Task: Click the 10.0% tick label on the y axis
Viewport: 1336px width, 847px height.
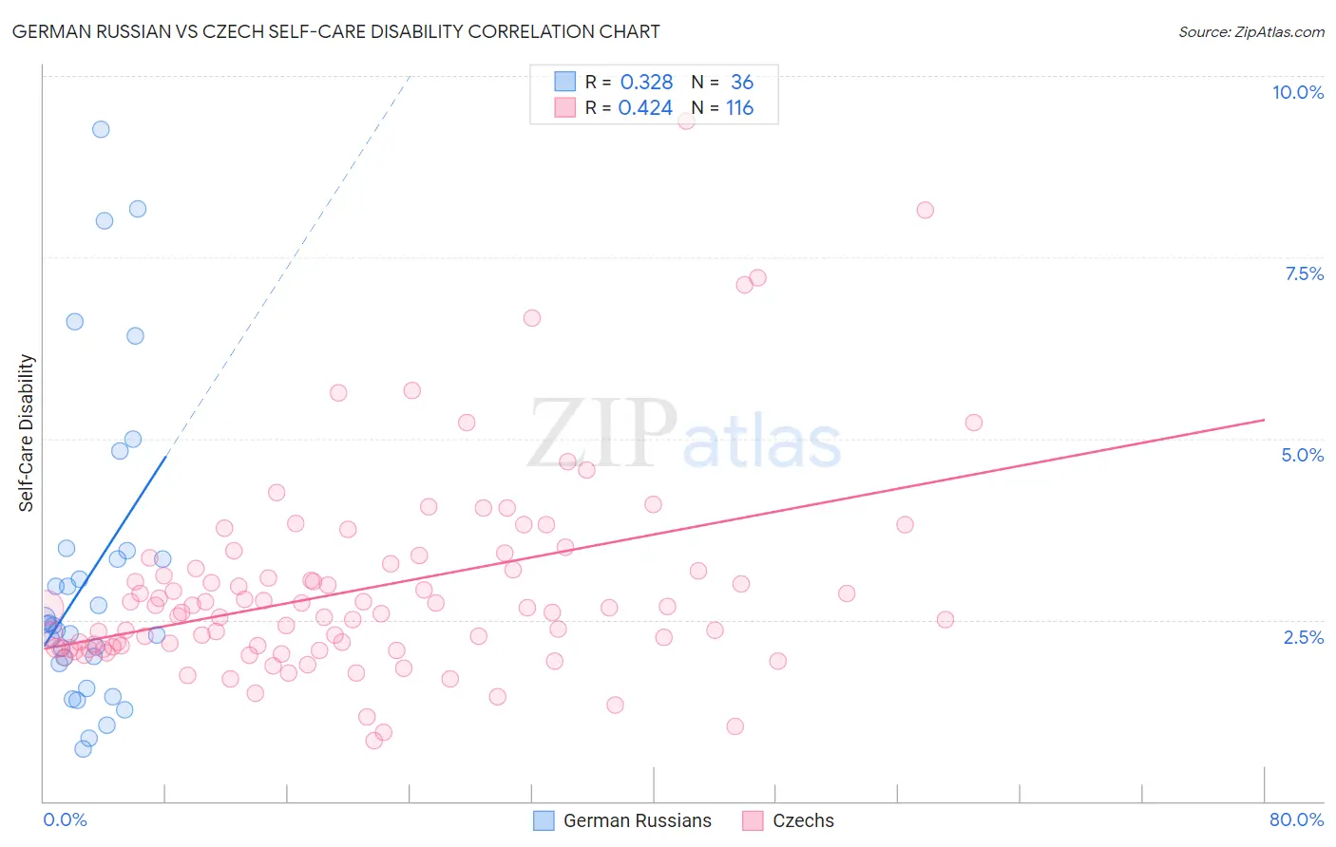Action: pos(1297,92)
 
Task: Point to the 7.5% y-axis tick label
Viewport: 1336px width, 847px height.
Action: pos(1304,273)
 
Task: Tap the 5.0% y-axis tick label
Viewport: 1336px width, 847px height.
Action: pos(1302,455)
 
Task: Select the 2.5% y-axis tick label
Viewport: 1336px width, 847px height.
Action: pos(1303,637)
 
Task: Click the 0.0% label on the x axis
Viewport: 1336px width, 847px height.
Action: pos(65,819)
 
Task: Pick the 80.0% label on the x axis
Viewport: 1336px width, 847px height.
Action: pos(1296,819)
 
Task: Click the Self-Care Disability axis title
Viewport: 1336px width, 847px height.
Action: pos(27,433)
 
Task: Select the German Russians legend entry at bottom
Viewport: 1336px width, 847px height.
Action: pos(637,820)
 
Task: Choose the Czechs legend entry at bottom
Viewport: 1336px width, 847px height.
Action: pos(803,820)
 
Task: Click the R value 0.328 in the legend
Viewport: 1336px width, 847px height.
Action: pos(646,83)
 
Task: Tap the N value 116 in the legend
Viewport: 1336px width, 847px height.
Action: pos(739,108)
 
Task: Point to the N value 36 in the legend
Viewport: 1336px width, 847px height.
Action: pos(741,83)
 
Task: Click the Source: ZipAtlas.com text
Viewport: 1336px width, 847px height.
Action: pos(1250,32)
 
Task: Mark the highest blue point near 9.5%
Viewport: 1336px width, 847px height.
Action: pos(101,129)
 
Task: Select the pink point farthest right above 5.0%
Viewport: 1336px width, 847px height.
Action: pos(973,423)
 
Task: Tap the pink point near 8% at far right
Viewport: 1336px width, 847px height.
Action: pos(925,210)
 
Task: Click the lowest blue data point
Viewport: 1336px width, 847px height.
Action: pos(84,749)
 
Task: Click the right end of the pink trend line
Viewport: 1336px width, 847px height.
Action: pos(1264,420)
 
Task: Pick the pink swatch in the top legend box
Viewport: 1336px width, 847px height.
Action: pos(565,108)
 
